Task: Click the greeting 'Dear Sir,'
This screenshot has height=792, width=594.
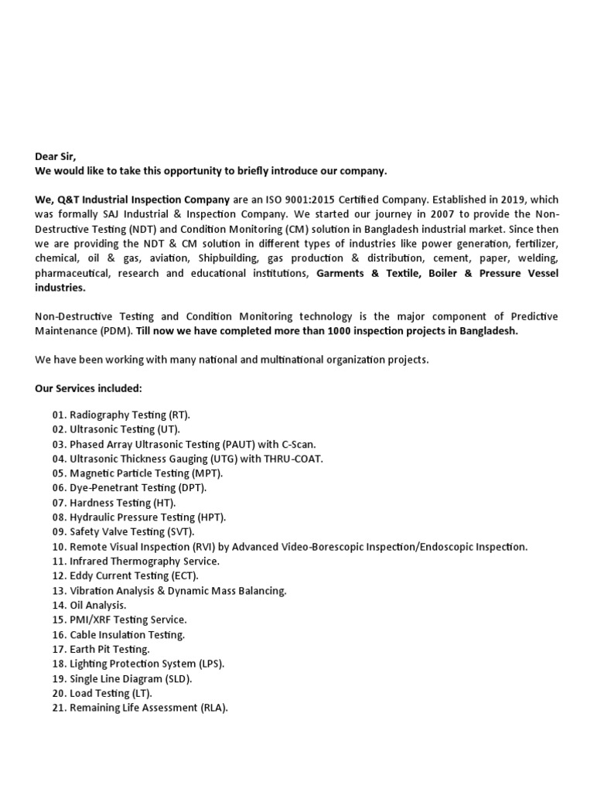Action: click(x=56, y=156)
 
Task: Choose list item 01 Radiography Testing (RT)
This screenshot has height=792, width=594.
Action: click(x=121, y=415)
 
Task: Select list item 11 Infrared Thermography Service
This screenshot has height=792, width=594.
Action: click(x=135, y=562)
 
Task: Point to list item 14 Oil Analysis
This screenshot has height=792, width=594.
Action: click(x=89, y=606)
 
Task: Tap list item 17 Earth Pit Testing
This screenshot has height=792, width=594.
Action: click(x=101, y=649)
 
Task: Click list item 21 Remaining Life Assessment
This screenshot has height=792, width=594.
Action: click(x=140, y=708)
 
